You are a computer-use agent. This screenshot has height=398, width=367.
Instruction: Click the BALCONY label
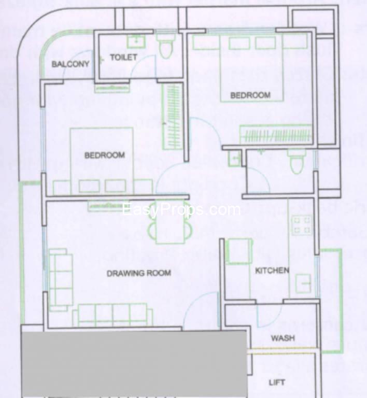(x=70, y=64)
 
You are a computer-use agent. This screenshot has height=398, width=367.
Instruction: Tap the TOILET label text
(x=123, y=57)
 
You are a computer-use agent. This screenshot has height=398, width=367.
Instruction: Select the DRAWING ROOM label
(x=138, y=273)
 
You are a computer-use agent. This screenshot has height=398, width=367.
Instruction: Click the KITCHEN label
(x=272, y=270)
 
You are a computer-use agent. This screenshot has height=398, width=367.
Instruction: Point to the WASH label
(x=283, y=338)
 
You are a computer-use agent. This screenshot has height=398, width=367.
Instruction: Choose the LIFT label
(x=277, y=383)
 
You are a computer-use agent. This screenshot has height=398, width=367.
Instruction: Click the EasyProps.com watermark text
(x=181, y=210)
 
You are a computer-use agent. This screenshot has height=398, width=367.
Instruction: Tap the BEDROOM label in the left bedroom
(x=104, y=155)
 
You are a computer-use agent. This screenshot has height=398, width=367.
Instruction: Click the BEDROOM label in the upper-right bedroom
(x=250, y=95)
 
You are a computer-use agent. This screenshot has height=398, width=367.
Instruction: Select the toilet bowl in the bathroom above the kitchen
(x=296, y=162)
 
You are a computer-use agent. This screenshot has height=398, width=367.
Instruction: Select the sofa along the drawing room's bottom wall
(x=112, y=315)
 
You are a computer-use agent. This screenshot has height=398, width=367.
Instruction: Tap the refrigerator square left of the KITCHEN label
(x=239, y=252)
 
